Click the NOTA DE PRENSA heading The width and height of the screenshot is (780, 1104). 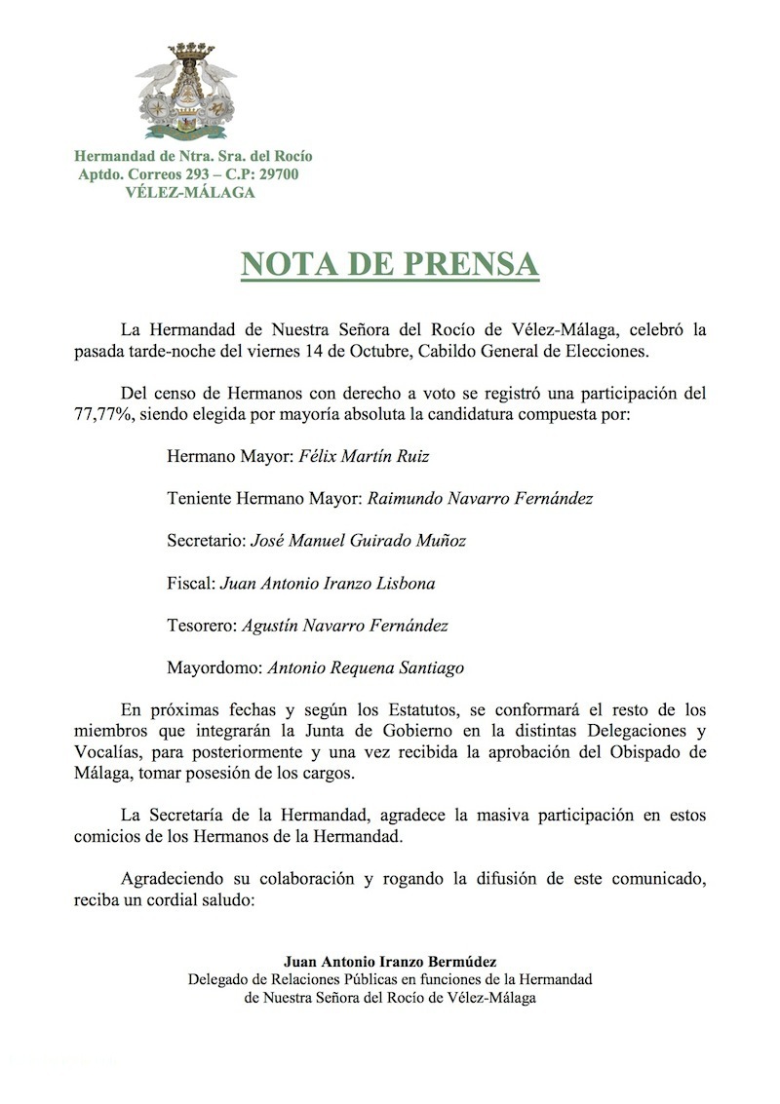point(390,264)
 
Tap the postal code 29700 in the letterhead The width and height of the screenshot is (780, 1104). point(274,174)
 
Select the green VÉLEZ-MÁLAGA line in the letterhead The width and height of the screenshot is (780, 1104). point(191,192)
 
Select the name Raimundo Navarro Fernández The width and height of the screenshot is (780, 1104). point(480,498)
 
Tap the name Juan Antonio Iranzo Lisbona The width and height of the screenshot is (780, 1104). point(328,583)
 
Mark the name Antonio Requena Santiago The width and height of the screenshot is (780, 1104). point(366,667)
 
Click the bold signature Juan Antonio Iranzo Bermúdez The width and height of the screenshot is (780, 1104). point(391,963)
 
